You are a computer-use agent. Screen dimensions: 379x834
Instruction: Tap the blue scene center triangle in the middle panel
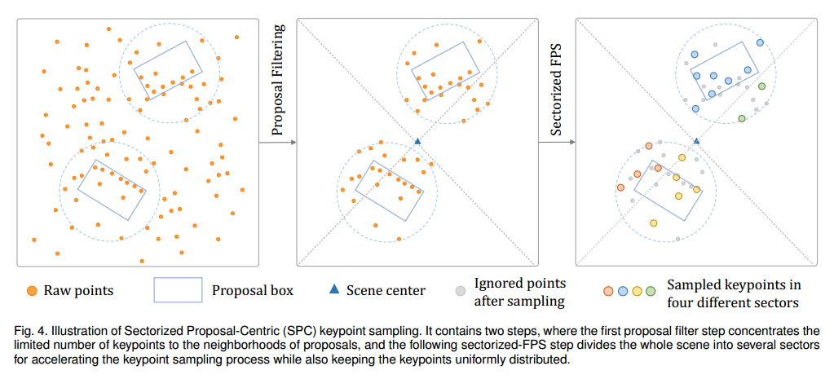[418, 141]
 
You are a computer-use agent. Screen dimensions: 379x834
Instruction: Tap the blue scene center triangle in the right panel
[696, 141]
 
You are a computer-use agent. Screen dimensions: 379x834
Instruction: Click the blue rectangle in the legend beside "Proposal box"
[177, 290]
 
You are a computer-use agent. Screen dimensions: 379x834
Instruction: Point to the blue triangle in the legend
[333, 290]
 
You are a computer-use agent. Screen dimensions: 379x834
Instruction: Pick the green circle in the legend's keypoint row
[650, 291]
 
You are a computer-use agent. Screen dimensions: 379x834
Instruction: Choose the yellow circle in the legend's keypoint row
[636, 291]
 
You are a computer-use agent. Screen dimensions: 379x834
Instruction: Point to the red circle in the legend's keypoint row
[607, 291]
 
